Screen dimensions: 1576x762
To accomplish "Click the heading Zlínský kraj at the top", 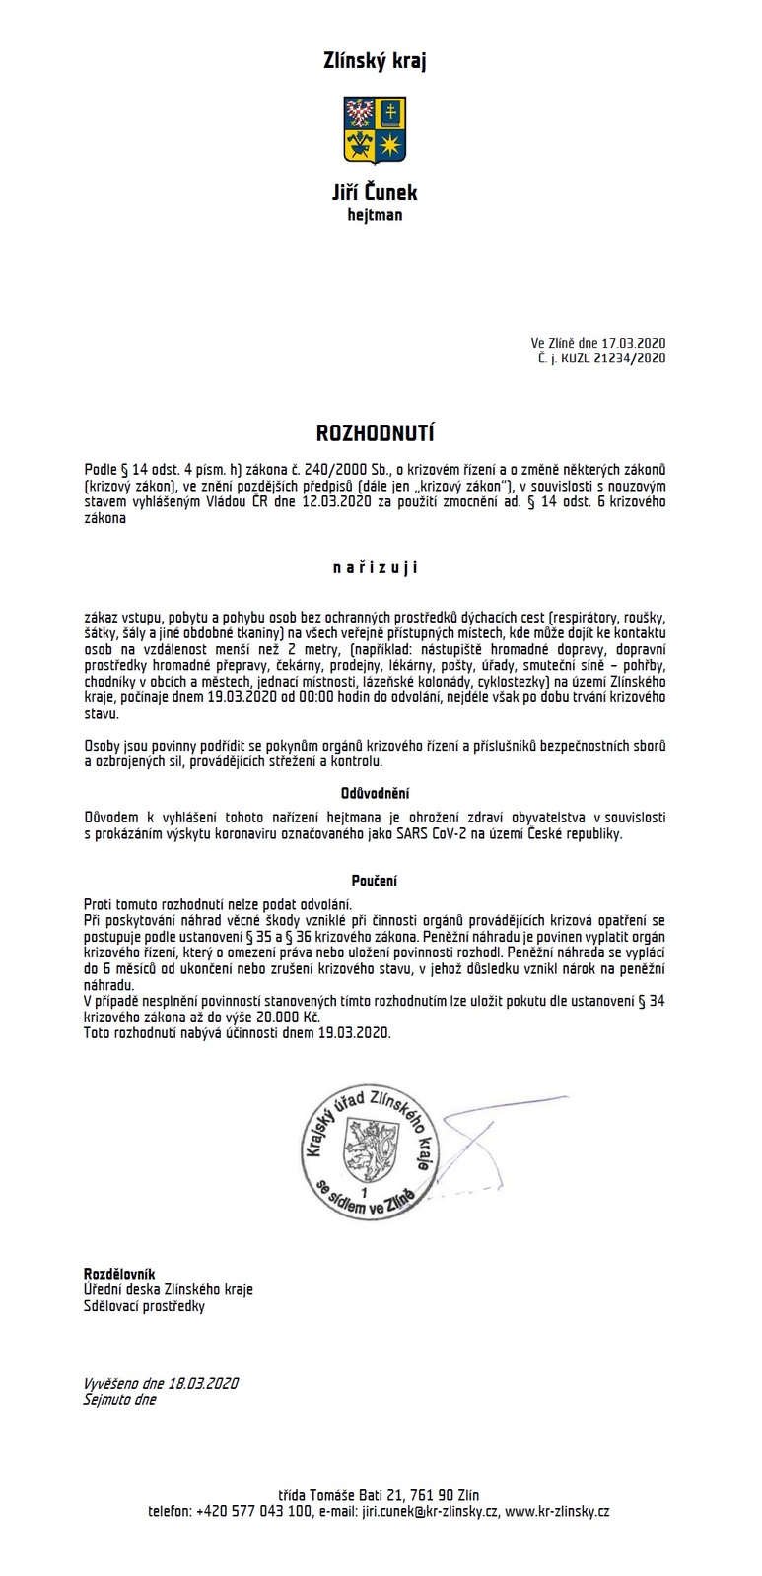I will click(x=375, y=61).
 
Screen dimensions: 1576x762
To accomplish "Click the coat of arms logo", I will click(x=375, y=130).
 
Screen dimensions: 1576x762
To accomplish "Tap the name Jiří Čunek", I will click(x=375, y=192).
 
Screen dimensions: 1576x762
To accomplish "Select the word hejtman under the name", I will click(x=375, y=214).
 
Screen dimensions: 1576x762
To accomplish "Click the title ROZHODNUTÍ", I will click(x=375, y=433).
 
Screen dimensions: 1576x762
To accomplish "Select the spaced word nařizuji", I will click(x=375, y=567).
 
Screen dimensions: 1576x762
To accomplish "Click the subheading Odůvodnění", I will click(x=375, y=793).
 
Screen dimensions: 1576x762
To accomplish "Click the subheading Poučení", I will click(x=375, y=881).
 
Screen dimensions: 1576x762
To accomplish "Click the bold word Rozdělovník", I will click(x=119, y=1274).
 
